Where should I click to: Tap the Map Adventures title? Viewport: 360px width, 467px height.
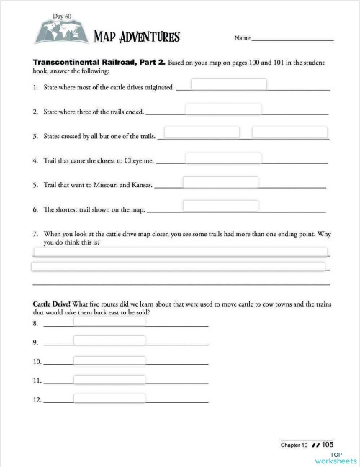coord(137,37)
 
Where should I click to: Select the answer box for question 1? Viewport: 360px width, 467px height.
coord(228,84)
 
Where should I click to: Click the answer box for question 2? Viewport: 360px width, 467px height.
coord(223,109)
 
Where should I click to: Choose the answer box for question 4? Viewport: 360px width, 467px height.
coord(223,158)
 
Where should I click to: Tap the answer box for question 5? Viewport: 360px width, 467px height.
coord(220,182)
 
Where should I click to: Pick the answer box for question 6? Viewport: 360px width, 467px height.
coord(220,206)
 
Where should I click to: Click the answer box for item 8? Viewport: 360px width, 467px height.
coord(109,322)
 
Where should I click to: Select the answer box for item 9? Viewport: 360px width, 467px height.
coord(109,340)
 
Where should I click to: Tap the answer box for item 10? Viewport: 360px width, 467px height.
coord(109,358)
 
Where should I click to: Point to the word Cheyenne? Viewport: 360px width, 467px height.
coord(138,161)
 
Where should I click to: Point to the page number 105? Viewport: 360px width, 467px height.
coord(327,445)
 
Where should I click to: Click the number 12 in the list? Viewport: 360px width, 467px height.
coord(37,399)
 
